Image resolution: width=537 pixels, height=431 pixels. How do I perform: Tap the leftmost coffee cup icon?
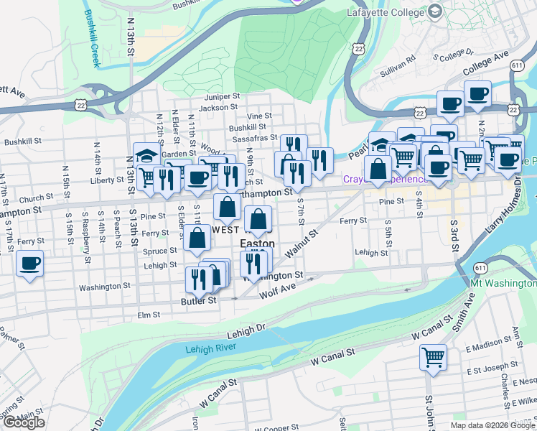click(29, 264)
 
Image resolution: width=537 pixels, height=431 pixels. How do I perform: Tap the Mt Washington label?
click(503, 284)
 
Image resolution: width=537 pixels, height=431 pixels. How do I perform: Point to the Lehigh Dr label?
click(246, 330)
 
